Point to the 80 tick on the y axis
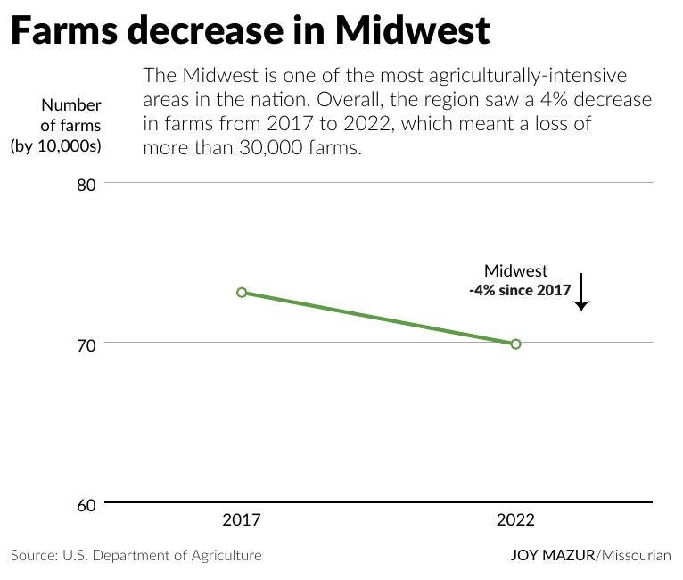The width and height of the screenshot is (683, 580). click(x=86, y=185)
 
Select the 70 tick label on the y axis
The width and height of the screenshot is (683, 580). click(x=86, y=344)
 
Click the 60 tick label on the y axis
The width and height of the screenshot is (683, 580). click(x=86, y=506)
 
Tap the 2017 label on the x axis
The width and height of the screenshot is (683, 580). click(x=242, y=520)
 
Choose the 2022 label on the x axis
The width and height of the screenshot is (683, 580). click(x=515, y=520)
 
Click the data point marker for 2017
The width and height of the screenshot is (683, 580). click(x=242, y=293)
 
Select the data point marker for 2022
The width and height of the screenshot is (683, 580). click(x=515, y=344)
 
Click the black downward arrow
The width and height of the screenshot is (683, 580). click(x=581, y=292)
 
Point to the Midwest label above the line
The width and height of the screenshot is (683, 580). click(x=515, y=270)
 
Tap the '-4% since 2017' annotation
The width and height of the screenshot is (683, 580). click(x=520, y=290)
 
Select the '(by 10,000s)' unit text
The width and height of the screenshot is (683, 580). click(x=56, y=145)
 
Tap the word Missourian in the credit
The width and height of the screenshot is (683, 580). click(x=636, y=555)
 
